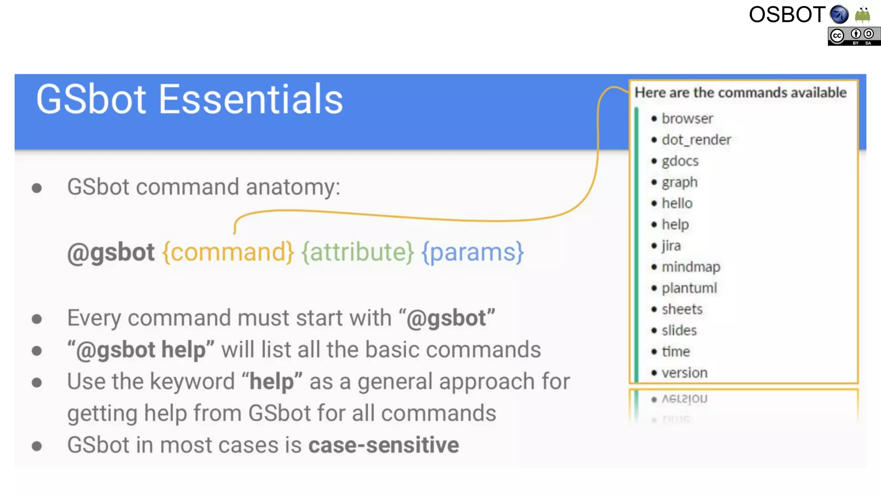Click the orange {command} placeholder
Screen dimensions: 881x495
pos(228,252)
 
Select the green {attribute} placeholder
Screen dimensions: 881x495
pos(357,252)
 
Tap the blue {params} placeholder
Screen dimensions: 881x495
pos(472,252)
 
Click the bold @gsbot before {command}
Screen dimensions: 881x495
pos(111,252)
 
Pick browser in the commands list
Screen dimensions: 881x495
pos(687,119)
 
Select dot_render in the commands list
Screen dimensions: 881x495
pos(696,140)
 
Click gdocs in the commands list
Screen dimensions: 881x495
pos(680,161)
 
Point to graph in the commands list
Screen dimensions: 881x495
pos(679,182)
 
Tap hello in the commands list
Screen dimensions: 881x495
pos(677,203)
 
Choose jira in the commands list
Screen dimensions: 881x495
pos(671,246)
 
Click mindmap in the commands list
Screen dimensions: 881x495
pos(690,267)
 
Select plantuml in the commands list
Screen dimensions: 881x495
pos(689,288)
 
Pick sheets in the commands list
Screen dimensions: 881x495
pos(682,309)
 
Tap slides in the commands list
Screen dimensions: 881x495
pos(679,330)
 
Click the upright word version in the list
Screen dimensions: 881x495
pos(684,373)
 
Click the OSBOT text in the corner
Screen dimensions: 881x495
pos(787,15)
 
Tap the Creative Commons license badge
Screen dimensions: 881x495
pos(853,36)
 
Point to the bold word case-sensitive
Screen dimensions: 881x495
pos(383,445)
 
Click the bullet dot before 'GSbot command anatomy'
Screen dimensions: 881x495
pos(37,188)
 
